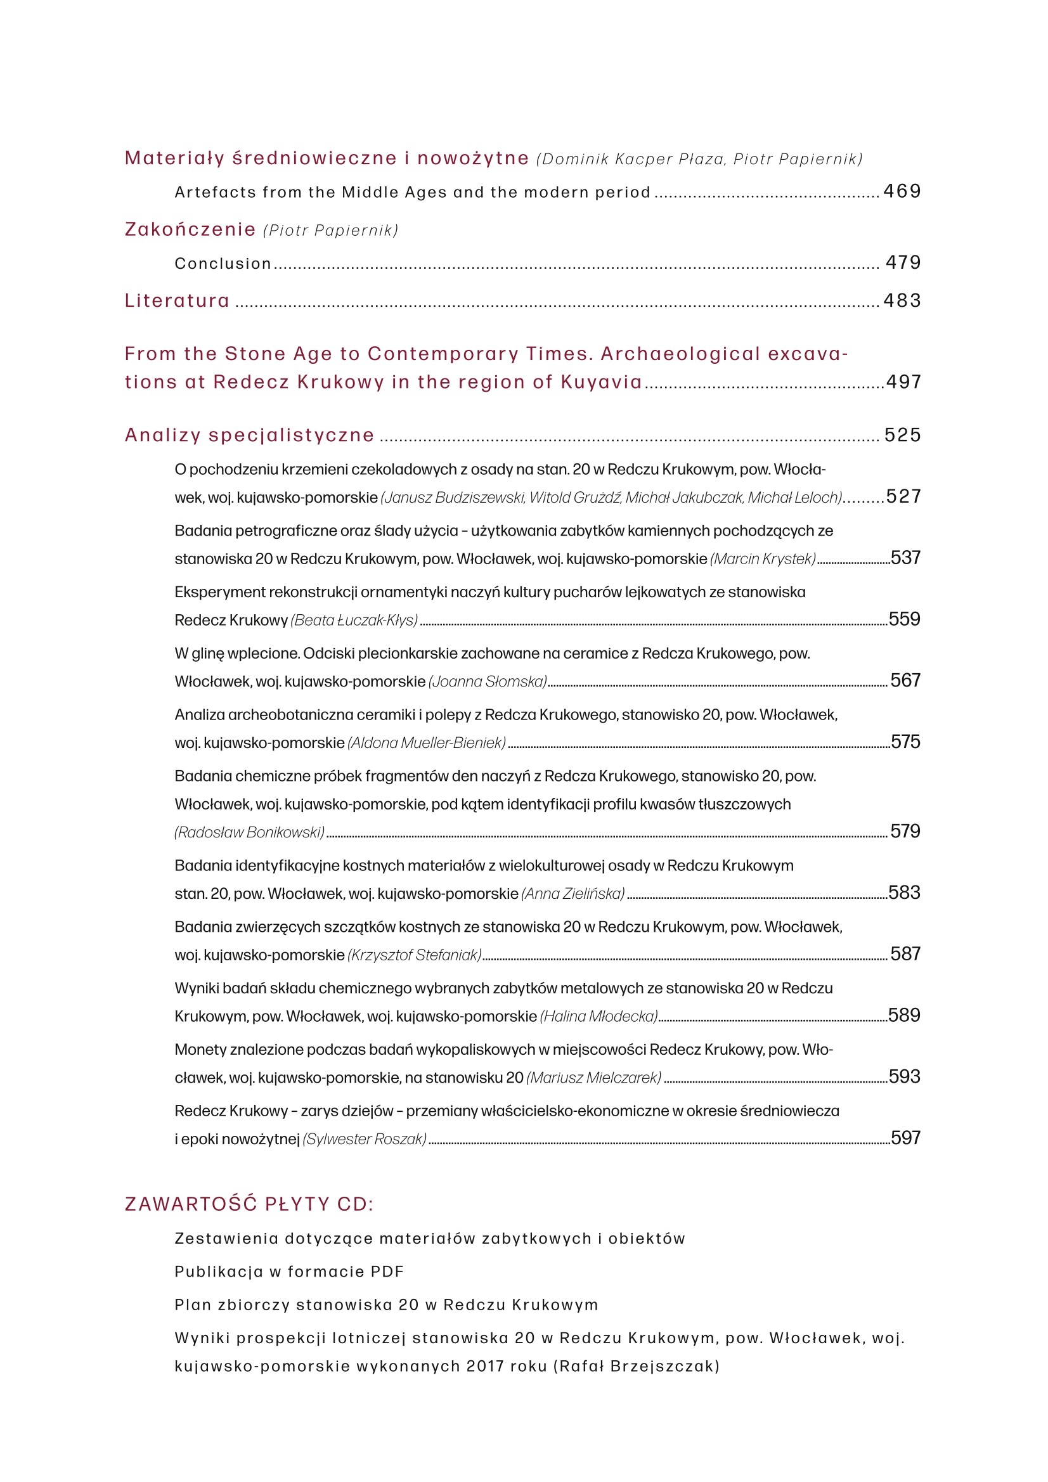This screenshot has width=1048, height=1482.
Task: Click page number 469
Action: (x=902, y=191)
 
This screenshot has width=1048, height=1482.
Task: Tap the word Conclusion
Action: (x=223, y=263)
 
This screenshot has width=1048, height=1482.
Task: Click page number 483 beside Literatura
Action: (x=902, y=300)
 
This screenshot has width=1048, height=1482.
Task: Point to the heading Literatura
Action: (x=177, y=301)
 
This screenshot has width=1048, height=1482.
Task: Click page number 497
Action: (x=903, y=382)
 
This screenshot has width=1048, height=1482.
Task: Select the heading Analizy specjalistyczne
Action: (x=249, y=435)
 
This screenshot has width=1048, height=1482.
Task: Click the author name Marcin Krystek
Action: (x=763, y=559)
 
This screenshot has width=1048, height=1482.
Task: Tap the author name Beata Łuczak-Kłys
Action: (x=354, y=621)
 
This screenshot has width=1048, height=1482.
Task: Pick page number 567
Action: (x=905, y=680)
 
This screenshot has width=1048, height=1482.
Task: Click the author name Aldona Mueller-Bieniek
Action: (x=426, y=743)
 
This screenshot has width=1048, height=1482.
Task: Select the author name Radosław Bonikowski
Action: (x=249, y=832)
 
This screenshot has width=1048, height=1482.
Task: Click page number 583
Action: (x=904, y=892)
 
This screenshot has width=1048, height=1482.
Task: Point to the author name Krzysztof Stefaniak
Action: (x=414, y=955)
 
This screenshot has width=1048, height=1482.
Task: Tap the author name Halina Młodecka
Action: (x=598, y=1016)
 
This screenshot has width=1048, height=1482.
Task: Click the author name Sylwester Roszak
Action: (x=364, y=1138)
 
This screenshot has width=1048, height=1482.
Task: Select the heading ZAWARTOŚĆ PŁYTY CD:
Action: (x=249, y=1204)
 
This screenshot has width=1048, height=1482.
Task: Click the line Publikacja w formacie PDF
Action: (x=288, y=1272)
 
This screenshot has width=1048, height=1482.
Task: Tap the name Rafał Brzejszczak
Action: (x=636, y=1366)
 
